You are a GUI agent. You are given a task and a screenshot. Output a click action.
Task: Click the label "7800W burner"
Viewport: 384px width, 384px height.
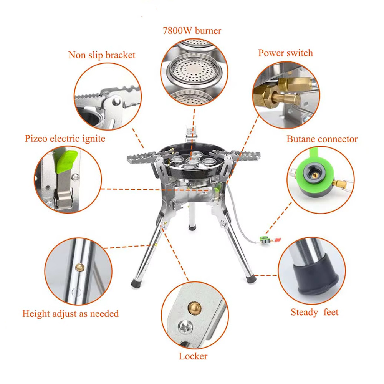pyautogui.click(x=192, y=31)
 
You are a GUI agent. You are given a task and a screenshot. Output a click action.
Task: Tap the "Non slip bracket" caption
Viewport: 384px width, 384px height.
pyautogui.click(x=102, y=55)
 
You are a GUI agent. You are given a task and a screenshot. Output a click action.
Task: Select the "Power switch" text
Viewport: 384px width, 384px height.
pyautogui.click(x=286, y=53)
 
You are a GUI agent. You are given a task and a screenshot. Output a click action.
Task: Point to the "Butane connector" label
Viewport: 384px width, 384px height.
pyautogui.click(x=322, y=139)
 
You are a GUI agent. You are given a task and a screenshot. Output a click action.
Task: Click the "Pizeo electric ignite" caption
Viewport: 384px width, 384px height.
pyautogui.click(x=65, y=139)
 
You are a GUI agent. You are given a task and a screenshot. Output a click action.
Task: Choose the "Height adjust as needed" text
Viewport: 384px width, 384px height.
pyautogui.click(x=71, y=314)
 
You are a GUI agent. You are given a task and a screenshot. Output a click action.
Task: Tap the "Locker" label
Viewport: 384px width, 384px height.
pyautogui.click(x=193, y=356)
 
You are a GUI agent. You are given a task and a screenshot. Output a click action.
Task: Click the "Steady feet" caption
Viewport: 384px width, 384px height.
pyautogui.click(x=314, y=312)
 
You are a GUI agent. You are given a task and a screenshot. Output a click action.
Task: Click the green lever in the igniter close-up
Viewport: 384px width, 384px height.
pyautogui.click(x=66, y=161)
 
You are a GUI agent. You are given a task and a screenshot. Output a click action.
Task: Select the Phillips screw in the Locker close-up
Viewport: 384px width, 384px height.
pyautogui.click(x=185, y=327)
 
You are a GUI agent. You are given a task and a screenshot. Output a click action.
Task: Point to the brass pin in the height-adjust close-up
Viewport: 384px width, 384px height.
pyautogui.click(x=79, y=267)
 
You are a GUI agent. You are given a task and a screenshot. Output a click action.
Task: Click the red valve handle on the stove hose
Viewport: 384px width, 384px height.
pyautogui.click(x=278, y=240)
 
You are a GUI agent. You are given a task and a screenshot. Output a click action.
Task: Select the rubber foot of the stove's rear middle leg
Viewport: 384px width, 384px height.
pyautogui.click(x=192, y=228)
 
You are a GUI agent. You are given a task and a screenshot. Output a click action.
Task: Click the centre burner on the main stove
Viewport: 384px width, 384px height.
pyautogui.click(x=193, y=161)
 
